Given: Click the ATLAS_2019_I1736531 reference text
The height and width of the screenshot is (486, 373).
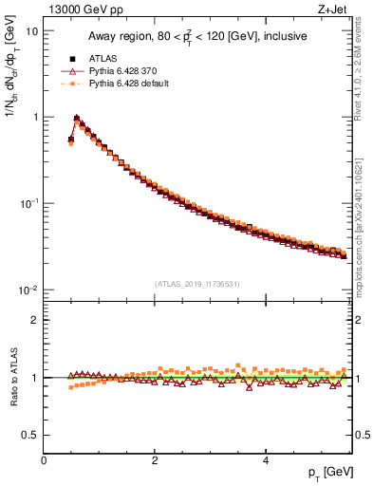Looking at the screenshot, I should click(x=198, y=283).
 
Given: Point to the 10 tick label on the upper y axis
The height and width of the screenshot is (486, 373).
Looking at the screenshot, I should click(x=31, y=30).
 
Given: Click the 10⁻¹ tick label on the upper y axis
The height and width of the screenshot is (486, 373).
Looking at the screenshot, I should click(x=28, y=203).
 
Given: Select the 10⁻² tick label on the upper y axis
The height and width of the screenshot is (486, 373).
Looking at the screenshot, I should click(x=28, y=290).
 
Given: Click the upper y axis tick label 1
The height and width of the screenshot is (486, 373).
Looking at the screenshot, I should click(x=35, y=117).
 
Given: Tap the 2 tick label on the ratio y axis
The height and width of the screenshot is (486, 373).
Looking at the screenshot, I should click(x=35, y=320).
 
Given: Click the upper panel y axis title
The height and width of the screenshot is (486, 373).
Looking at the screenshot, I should click(x=10, y=90).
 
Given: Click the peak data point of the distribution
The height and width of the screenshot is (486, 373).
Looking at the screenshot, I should click(x=76, y=120).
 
